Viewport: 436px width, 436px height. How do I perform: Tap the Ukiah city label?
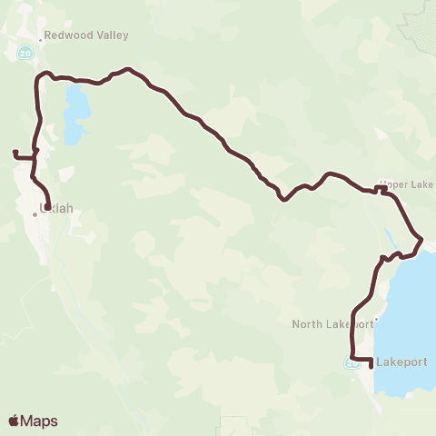(56, 208)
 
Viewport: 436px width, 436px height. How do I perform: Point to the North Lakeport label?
(332, 323)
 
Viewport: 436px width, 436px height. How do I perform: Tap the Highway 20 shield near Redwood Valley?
(25, 53)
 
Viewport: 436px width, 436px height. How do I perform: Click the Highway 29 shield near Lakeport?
(352, 363)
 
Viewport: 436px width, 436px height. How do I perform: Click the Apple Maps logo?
(33, 421)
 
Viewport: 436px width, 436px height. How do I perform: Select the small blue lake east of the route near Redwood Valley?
(76, 109)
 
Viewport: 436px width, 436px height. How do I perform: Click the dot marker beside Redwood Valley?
(41, 39)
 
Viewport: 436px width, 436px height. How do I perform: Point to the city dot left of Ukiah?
(35, 214)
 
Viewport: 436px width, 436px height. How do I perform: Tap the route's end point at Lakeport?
(372, 368)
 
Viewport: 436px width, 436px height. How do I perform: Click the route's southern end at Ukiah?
(46, 207)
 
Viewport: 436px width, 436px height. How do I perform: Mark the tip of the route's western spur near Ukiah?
(14, 152)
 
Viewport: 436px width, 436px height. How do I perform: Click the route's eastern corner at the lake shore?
(421, 239)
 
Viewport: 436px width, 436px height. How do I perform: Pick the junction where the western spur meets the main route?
(35, 157)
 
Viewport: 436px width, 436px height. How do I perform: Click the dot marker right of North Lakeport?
(374, 321)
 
